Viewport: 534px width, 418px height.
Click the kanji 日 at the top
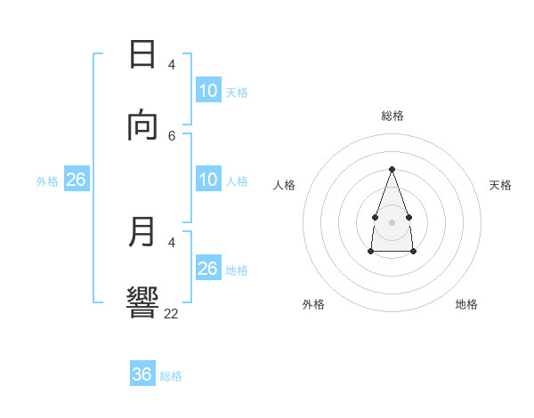(142, 54)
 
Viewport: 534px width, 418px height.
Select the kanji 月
(142, 232)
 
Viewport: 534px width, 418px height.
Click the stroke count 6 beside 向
(172, 135)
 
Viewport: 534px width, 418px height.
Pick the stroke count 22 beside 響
(172, 314)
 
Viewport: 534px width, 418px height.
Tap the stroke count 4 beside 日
(172, 64)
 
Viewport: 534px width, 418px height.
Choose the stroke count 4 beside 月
(172, 242)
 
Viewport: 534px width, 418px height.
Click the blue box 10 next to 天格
(208, 91)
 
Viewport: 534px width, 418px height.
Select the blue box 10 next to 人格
(208, 180)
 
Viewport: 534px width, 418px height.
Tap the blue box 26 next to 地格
(208, 269)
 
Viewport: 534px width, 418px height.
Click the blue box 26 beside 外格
(77, 180)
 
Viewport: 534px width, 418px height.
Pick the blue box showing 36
(142, 374)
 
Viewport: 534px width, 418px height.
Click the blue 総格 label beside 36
(171, 376)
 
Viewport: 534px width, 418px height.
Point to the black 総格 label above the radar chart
(392, 116)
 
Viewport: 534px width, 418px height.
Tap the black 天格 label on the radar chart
(500, 185)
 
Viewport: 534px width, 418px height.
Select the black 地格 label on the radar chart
(466, 304)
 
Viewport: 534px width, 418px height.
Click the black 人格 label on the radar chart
(284, 185)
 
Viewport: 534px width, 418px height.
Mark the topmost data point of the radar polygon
(392, 169)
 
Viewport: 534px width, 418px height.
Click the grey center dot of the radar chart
(392, 221)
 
